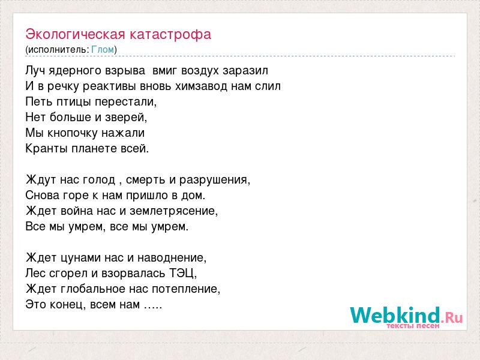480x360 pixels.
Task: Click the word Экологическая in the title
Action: coord(76,34)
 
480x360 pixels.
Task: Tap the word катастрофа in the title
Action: coord(170,34)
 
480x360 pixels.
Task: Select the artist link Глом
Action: coord(103,50)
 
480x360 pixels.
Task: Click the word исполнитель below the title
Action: coord(58,50)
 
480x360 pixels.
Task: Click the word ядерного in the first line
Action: coord(72,71)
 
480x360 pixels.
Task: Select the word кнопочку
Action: coord(72,133)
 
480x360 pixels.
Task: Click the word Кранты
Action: coord(47,149)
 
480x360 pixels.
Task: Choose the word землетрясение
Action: coord(173,211)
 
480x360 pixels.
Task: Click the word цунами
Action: coord(80,258)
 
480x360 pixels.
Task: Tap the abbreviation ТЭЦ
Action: coord(183,274)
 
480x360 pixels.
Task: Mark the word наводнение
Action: coord(172,258)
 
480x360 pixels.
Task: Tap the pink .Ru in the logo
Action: coord(452,317)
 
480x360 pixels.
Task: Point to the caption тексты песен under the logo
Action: coord(413,326)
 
